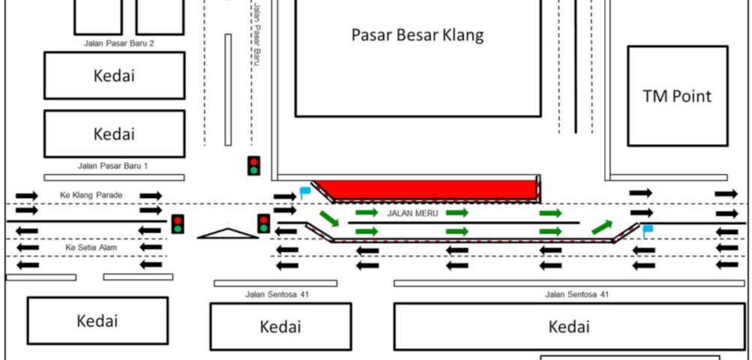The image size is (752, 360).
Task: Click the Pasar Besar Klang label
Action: click(418, 35)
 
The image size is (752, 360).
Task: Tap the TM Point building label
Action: click(677, 96)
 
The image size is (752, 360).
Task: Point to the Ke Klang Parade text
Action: click(91, 195)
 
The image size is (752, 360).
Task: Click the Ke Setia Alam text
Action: click(91, 247)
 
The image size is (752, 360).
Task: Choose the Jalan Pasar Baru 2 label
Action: click(119, 43)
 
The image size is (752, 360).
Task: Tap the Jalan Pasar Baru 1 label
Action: click(113, 166)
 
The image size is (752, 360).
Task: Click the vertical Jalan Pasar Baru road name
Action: click(256, 34)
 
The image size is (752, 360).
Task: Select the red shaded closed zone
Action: click(427, 189)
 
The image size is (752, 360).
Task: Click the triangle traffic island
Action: click(228, 234)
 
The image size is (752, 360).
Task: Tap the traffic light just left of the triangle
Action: click(178, 224)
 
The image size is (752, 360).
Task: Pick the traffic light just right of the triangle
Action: click(264, 223)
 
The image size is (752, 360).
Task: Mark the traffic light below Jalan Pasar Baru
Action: click(253, 166)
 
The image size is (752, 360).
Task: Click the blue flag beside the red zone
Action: click(304, 192)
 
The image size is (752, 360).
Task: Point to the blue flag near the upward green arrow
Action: click(648, 231)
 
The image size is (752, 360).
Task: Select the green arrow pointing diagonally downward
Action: click(329, 218)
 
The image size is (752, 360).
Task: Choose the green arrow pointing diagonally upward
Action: click(602, 227)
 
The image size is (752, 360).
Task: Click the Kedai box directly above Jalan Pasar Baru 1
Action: click(115, 134)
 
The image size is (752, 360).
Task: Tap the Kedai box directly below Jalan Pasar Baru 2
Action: click(115, 75)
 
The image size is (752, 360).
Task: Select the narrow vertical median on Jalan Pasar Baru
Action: click(228, 90)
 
